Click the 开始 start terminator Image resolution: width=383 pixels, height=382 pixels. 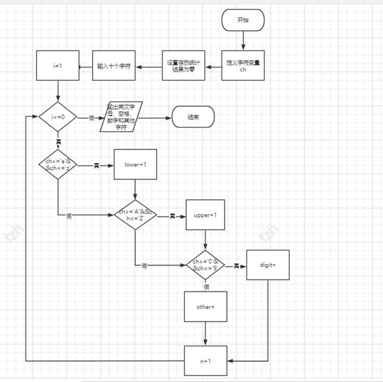[x=242, y=20]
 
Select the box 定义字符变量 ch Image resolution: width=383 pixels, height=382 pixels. [x=242, y=66]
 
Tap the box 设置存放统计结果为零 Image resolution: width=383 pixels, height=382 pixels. [x=184, y=66]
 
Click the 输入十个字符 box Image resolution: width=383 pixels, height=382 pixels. [x=114, y=66]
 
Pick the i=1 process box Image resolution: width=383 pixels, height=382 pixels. [x=58, y=66]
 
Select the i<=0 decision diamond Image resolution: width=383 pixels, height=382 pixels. [x=58, y=117]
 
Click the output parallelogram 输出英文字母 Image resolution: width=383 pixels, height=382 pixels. [x=122, y=117]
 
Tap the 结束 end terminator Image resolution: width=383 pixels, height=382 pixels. [x=192, y=117]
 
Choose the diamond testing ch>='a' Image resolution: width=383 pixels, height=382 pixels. [x=58, y=164]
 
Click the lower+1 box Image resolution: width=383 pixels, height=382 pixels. [x=135, y=164]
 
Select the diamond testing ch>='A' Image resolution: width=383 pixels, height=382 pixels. [x=135, y=215]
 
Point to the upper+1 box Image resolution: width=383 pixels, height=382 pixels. [x=205, y=215]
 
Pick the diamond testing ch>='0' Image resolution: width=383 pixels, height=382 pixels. [x=206, y=265]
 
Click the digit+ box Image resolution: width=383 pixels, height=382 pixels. [x=267, y=265]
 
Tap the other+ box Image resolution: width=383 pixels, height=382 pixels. [x=205, y=306]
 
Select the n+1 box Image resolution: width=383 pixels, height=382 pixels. [x=205, y=361]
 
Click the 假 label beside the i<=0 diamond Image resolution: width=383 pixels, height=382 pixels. [x=92, y=118]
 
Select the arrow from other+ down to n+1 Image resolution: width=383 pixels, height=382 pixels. [x=205, y=333]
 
